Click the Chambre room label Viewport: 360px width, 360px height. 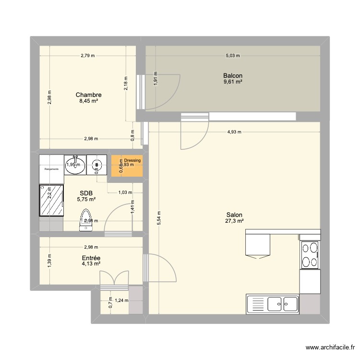click(x=88, y=95)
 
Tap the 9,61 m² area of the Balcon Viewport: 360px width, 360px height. click(x=232, y=82)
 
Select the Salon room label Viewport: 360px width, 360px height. click(x=234, y=215)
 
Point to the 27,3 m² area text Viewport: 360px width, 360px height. click(x=234, y=221)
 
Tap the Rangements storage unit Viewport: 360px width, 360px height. click(x=51, y=169)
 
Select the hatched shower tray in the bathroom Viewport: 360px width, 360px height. click(x=51, y=200)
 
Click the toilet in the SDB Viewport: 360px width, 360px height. click(x=86, y=218)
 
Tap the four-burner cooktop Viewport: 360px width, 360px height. click(x=310, y=255)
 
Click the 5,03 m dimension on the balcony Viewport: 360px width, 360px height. click(x=232, y=56)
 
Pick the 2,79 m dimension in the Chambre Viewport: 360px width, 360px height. click(x=88, y=56)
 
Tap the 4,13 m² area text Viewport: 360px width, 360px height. click(x=91, y=264)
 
